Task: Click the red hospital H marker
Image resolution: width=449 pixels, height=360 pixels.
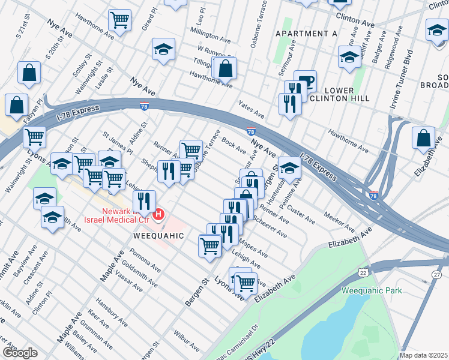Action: [x=159, y=214]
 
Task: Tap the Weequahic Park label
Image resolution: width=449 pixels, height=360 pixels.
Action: [x=372, y=291]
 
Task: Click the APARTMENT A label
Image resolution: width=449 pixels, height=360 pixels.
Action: [x=306, y=34]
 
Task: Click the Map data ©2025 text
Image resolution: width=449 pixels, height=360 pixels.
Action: [x=423, y=355]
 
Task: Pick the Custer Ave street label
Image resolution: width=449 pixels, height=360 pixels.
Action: [x=301, y=213]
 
